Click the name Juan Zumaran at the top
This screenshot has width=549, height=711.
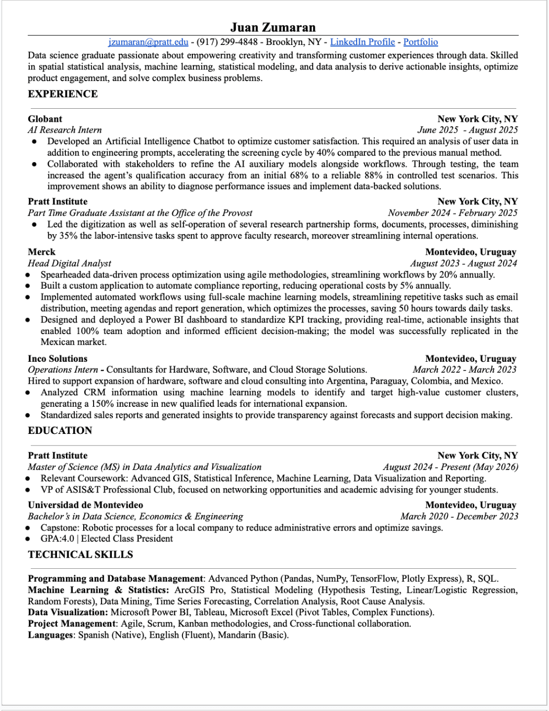273,27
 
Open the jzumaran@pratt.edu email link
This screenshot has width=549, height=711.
148,42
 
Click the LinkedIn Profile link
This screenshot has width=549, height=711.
362,42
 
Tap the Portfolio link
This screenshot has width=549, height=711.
420,42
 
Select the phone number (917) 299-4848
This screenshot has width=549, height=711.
227,42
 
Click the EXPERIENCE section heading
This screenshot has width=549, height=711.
63,94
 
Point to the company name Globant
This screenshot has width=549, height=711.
45,119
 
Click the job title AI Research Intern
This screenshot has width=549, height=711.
65,130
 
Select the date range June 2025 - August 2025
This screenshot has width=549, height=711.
467,130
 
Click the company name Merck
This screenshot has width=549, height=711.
41,251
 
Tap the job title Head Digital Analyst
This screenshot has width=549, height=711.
70,263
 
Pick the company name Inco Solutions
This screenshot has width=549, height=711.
58,359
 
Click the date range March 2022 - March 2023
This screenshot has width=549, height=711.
464,370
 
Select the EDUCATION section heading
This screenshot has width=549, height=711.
60,431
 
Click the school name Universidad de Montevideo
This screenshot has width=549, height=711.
85,505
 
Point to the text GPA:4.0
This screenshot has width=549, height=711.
58,538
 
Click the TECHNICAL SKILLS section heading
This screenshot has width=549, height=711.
81,555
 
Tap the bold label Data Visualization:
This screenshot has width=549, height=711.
68,612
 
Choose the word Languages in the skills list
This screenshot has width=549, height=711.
51,635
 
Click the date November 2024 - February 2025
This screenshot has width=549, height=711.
453,213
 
